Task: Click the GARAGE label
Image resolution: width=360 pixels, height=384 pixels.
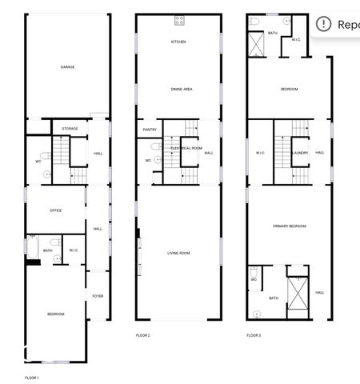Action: point(68,67)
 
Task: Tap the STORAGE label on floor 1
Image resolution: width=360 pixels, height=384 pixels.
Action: point(70,128)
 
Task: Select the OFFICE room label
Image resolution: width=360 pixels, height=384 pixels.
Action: point(56,210)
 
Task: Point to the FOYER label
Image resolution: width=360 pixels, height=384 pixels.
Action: point(98,296)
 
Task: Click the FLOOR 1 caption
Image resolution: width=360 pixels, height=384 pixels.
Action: point(32,377)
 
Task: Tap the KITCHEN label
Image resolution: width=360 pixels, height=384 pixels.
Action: point(178,42)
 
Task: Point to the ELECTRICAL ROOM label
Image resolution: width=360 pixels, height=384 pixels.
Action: point(186,149)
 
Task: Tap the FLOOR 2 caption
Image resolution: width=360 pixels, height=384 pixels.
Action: point(143,335)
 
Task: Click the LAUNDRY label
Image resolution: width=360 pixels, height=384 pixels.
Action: point(300,153)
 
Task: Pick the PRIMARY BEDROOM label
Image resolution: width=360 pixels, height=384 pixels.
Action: point(290,226)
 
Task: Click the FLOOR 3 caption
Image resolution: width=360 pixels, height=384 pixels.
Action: point(254,335)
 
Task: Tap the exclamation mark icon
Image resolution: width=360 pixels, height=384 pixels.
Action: point(323,23)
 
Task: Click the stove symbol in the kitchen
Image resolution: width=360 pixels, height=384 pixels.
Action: point(179,19)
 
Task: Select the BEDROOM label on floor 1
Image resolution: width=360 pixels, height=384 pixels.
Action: point(55,314)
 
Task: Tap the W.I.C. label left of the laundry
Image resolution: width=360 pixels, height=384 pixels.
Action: point(260,153)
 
